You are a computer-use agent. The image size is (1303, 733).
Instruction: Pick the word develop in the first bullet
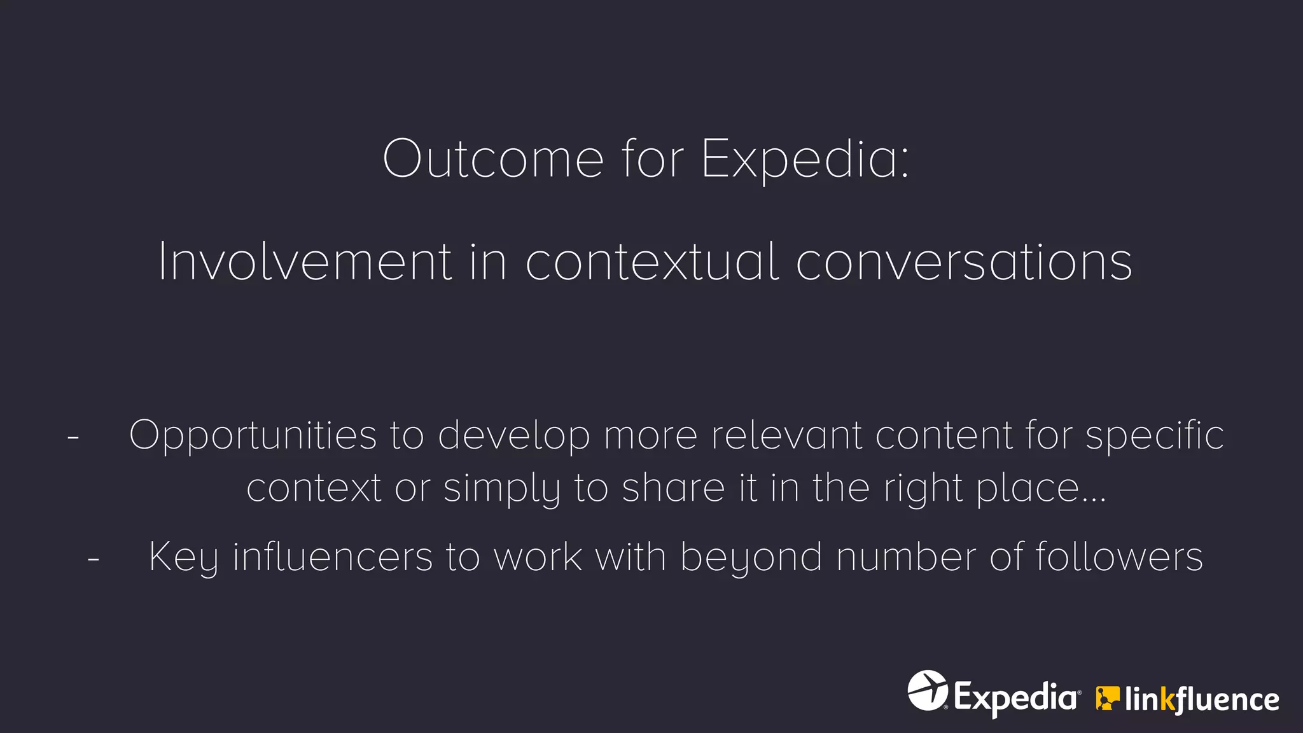(x=513, y=436)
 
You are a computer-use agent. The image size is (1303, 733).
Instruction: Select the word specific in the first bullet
(x=1154, y=436)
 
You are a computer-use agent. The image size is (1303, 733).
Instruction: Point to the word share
(x=673, y=488)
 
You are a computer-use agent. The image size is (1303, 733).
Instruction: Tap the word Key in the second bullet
(x=183, y=558)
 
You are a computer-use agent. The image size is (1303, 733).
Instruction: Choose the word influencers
(x=333, y=557)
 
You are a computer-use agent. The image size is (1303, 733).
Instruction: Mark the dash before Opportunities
(x=73, y=438)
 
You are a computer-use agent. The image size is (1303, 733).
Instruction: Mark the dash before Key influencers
(x=94, y=559)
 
